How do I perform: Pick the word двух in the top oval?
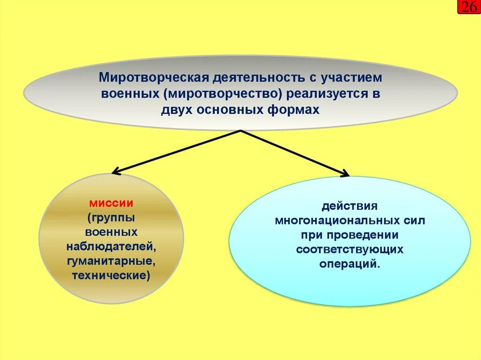[x=175, y=110]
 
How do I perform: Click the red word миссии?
[x=111, y=204]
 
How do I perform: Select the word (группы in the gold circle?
[x=111, y=218]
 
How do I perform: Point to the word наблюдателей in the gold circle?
[x=111, y=246]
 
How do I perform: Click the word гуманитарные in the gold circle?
[x=111, y=260]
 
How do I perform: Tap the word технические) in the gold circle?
[x=111, y=275]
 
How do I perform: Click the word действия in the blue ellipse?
[x=349, y=206]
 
